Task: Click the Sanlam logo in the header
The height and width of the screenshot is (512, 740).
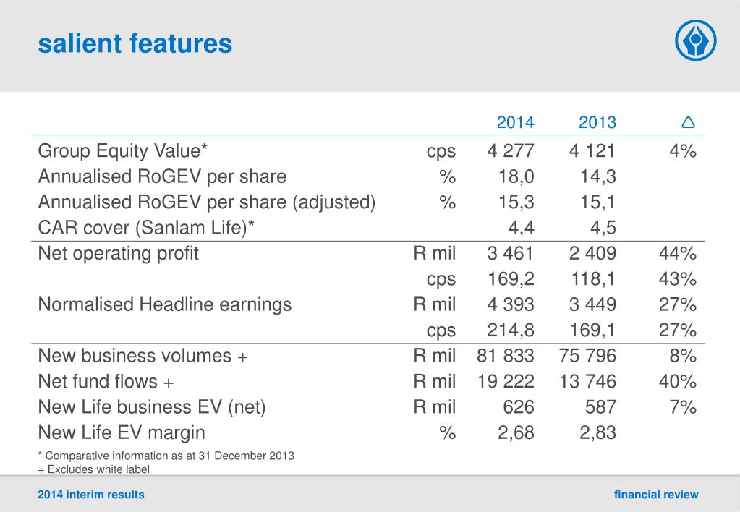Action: pyautogui.click(x=695, y=40)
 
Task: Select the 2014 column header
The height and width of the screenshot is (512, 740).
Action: pyautogui.click(x=515, y=122)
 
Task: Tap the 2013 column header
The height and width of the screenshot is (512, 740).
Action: pyautogui.click(x=597, y=122)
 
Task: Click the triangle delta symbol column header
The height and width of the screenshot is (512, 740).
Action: pyautogui.click(x=688, y=122)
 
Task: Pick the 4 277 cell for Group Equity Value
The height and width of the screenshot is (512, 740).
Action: pyautogui.click(x=510, y=151)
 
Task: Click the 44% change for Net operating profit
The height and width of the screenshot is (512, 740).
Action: pyautogui.click(x=678, y=254)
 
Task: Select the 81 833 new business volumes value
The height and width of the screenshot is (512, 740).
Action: pyautogui.click(x=506, y=356)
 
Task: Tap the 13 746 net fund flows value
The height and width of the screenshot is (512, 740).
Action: pyautogui.click(x=587, y=381)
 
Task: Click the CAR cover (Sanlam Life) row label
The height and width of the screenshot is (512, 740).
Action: pyautogui.click(x=146, y=228)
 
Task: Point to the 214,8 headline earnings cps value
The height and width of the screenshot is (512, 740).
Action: pyautogui.click(x=510, y=330)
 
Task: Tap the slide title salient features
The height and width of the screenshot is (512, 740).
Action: pyautogui.click(x=135, y=44)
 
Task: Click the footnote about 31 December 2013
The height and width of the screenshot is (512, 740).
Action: pyautogui.click(x=166, y=456)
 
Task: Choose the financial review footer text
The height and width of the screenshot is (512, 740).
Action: pyautogui.click(x=656, y=495)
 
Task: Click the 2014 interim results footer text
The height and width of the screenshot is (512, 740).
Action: pyautogui.click(x=91, y=495)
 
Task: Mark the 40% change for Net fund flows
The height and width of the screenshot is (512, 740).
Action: pyautogui.click(x=678, y=381)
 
